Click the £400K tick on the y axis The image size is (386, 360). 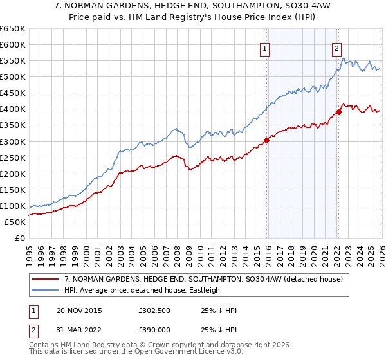click(12, 109)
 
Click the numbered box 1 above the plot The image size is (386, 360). click(265, 47)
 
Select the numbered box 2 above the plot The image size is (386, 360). click(336, 47)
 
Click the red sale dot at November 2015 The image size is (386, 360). click(266, 140)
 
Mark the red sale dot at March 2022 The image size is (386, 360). click(338, 112)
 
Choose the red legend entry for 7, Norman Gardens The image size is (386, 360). click(193, 279)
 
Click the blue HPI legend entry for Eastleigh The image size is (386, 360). click(142, 290)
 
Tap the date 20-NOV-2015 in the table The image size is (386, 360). click(79, 310)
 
